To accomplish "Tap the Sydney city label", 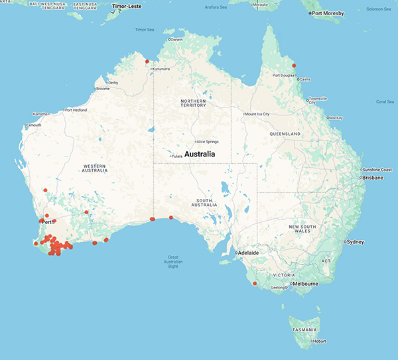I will (x=356, y=242).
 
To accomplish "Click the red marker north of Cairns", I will (x=294, y=66).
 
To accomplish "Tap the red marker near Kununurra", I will (x=147, y=62).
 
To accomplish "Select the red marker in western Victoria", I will (x=254, y=284).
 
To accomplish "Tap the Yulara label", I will (x=177, y=156).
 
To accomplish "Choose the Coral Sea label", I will (x=385, y=101).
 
